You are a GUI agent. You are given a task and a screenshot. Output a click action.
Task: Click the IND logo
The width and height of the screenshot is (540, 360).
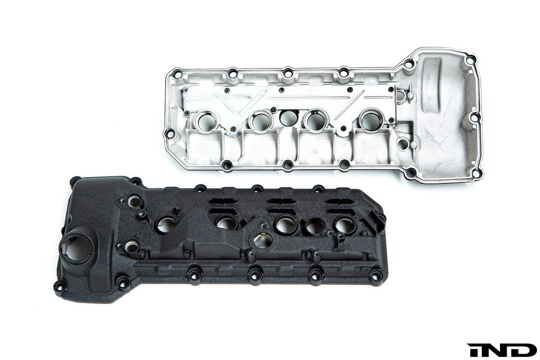coord(502,349)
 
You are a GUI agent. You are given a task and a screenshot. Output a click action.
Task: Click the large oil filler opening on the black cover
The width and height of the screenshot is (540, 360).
coord(77,246)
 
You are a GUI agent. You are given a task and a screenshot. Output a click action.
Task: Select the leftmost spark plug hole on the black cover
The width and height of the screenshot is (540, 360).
coord(166,225)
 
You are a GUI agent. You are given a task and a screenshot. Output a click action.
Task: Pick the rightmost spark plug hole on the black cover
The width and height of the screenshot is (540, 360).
coord(345,226)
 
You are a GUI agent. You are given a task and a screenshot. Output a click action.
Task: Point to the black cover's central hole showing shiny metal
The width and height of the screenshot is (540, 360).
coord(263,240)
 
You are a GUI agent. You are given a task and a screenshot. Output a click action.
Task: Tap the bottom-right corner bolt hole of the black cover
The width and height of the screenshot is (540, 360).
coord(376,275)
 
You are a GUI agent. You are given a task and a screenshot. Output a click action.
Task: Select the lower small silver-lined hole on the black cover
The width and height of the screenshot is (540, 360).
coord(131,246)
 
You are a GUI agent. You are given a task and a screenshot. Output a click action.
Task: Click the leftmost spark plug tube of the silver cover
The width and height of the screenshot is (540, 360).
coord(206,121)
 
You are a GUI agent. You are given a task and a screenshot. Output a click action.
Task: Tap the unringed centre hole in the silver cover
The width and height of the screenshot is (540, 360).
coord(288,118)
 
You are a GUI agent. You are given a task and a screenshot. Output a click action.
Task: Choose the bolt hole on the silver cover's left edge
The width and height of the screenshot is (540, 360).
coord(170,132)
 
